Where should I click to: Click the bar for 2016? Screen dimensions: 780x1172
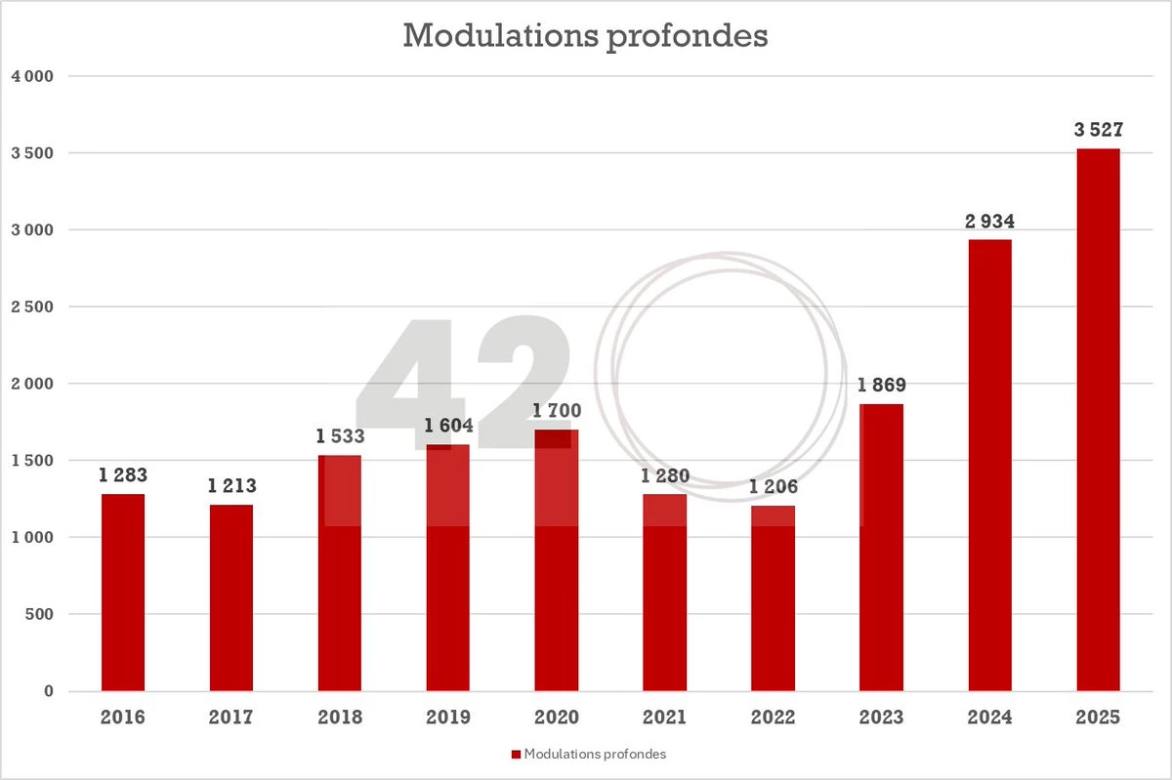click(123, 593)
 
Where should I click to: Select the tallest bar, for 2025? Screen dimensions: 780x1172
click(1098, 420)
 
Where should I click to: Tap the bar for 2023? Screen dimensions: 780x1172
click(881, 547)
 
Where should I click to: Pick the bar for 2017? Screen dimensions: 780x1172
click(231, 597)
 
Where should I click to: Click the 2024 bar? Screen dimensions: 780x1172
click(989, 465)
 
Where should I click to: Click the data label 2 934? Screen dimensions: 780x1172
click(989, 223)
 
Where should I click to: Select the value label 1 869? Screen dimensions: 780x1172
click(882, 386)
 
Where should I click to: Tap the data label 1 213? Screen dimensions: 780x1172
click(231, 486)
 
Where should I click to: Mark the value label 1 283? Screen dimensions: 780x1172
click(123, 476)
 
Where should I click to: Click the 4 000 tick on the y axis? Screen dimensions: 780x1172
click(33, 76)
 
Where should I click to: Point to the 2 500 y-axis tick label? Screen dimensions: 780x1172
click(33, 307)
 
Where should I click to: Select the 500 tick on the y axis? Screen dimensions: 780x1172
click(40, 614)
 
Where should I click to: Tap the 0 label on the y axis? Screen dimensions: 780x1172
click(49, 691)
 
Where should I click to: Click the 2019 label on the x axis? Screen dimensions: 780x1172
click(447, 718)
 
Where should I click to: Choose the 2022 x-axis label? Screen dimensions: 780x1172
click(773, 718)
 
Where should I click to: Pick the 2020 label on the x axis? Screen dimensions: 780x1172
click(556, 718)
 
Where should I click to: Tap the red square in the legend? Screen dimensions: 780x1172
click(516, 755)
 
